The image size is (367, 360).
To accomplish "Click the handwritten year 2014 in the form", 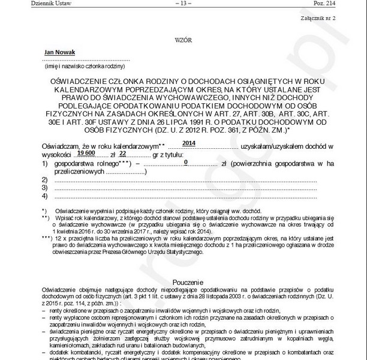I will pyautogui.click(x=188, y=143).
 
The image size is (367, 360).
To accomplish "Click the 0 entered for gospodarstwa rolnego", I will pyautogui.click(x=186, y=162).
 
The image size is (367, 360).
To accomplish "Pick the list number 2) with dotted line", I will pyautogui.click(x=44, y=179).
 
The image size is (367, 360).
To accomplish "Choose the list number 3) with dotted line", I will pyautogui.click(x=44, y=188).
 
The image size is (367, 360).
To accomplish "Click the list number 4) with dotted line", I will pyautogui.click(x=44, y=196).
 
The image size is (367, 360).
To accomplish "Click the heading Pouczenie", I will pyautogui.click(x=183, y=281).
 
